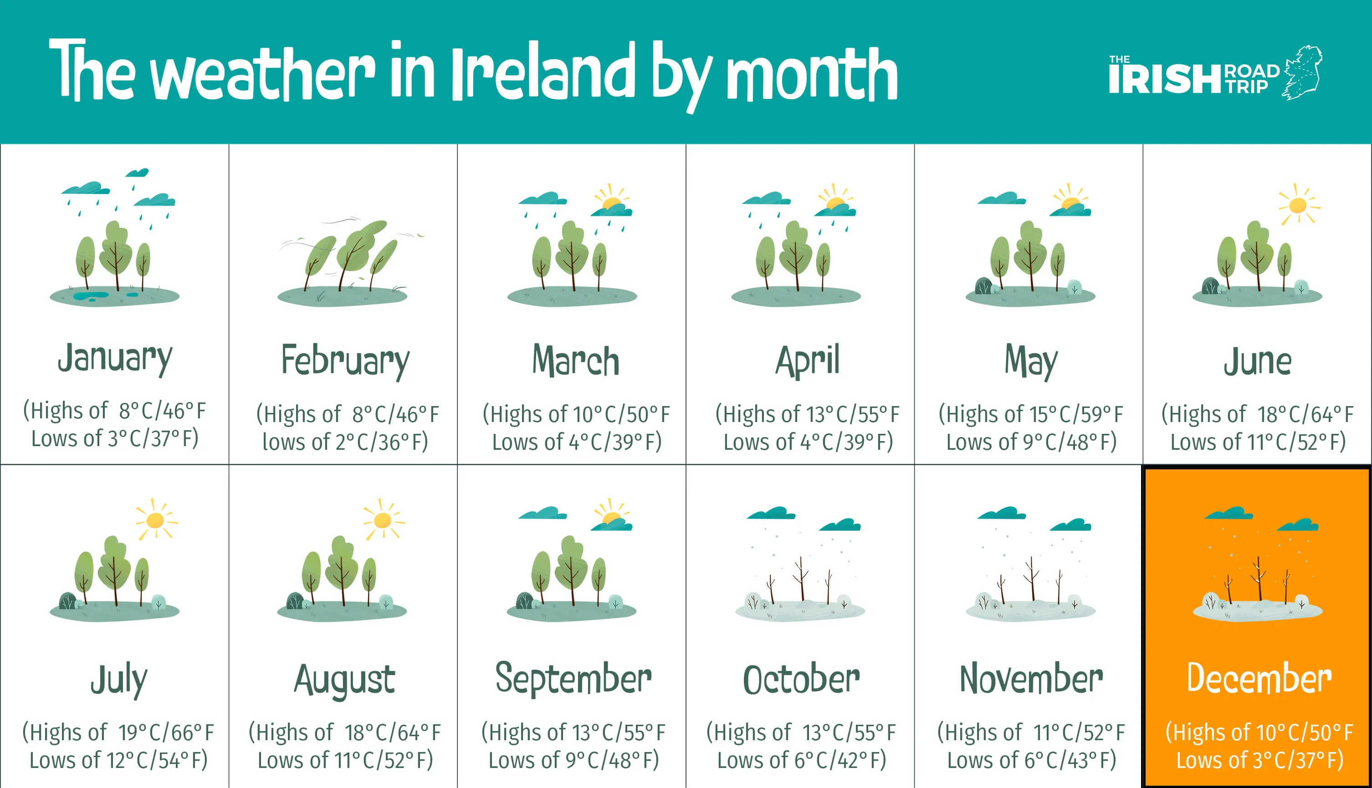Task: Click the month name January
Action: click(x=115, y=359)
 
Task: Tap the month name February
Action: click(x=345, y=361)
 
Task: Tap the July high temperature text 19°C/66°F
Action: click(x=166, y=732)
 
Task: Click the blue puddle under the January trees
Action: click(x=91, y=296)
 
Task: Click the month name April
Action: click(x=807, y=361)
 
